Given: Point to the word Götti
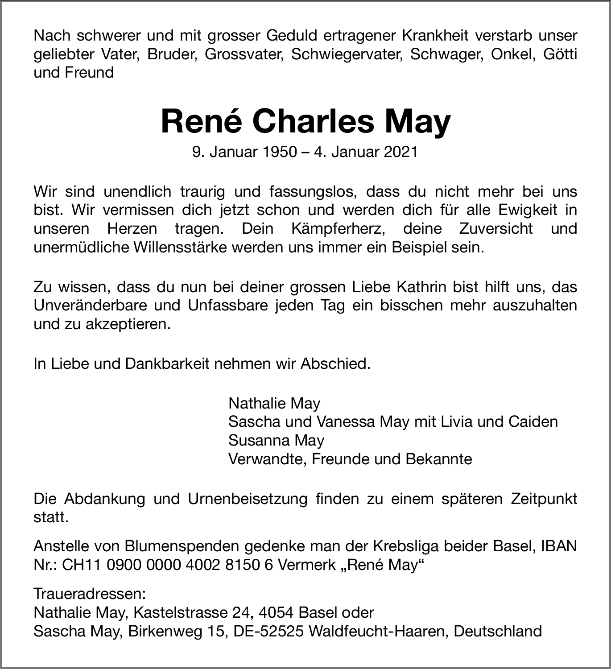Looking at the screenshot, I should coord(560,54).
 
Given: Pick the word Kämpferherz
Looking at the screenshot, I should coord(338,229).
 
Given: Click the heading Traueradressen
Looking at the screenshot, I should coord(90,594).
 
